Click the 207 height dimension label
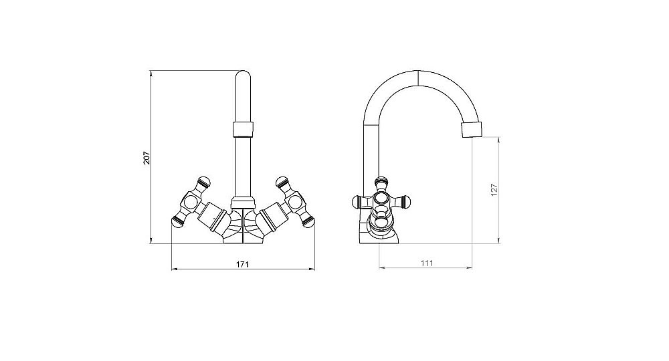coord(147,158)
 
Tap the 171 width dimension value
coord(242,264)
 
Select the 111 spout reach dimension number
coord(427,263)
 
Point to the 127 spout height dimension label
coord(494,190)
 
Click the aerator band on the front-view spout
coord(243,129)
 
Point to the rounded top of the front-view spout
coord(243,75)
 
